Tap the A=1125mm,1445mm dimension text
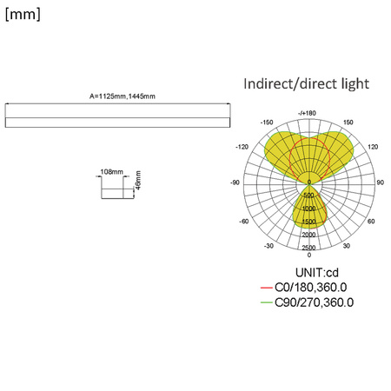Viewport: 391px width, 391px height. tap(123, 96)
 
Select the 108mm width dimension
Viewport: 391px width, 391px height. tap(111, 172)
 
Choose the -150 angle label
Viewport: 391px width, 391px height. tap(266, 123)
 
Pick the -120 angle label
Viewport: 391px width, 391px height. tap(243, 148)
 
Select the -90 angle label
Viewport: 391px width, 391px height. tap(234, 182)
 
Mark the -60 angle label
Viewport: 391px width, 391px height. tap(243, 221)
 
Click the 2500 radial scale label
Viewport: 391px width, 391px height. tap(308, 249)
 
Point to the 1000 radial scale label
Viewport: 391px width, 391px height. tap(308, 209)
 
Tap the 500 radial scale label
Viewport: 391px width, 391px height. tap(308, 196)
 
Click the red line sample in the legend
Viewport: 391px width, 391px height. tap(266, 288)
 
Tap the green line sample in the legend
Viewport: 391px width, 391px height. tap(266, 302)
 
